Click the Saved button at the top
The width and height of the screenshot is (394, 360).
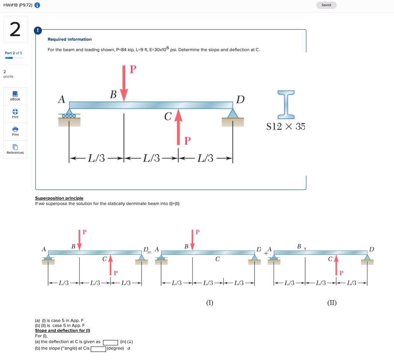[326, 5]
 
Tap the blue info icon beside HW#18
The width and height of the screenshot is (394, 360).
[37, 5]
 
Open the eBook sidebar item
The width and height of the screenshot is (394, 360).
[15, 96]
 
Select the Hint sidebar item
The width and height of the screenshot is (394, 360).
[15, 114]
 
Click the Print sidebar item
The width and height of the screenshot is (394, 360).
[15, 132]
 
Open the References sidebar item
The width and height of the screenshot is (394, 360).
[15, 149]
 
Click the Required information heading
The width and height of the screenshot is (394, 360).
[70, 39]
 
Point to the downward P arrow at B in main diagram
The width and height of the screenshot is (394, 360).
[124, 83]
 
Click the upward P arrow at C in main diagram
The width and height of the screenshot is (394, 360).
[178, 127]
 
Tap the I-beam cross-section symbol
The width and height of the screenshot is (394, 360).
[286, 105]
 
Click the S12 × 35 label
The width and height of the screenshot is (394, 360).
[286, 127]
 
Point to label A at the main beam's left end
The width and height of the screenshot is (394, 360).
[62, 99]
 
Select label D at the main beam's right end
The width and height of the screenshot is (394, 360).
[241, 100]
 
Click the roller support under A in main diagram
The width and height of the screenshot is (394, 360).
[69, 113]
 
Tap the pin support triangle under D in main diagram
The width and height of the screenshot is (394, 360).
[233, 113]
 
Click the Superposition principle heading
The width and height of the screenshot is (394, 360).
[59, 198]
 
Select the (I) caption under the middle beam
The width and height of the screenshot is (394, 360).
[209, 303]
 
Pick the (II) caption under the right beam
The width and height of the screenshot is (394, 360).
[332, 303]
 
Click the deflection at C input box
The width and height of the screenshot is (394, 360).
[111, 342]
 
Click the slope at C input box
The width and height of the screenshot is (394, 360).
[98, 349]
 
